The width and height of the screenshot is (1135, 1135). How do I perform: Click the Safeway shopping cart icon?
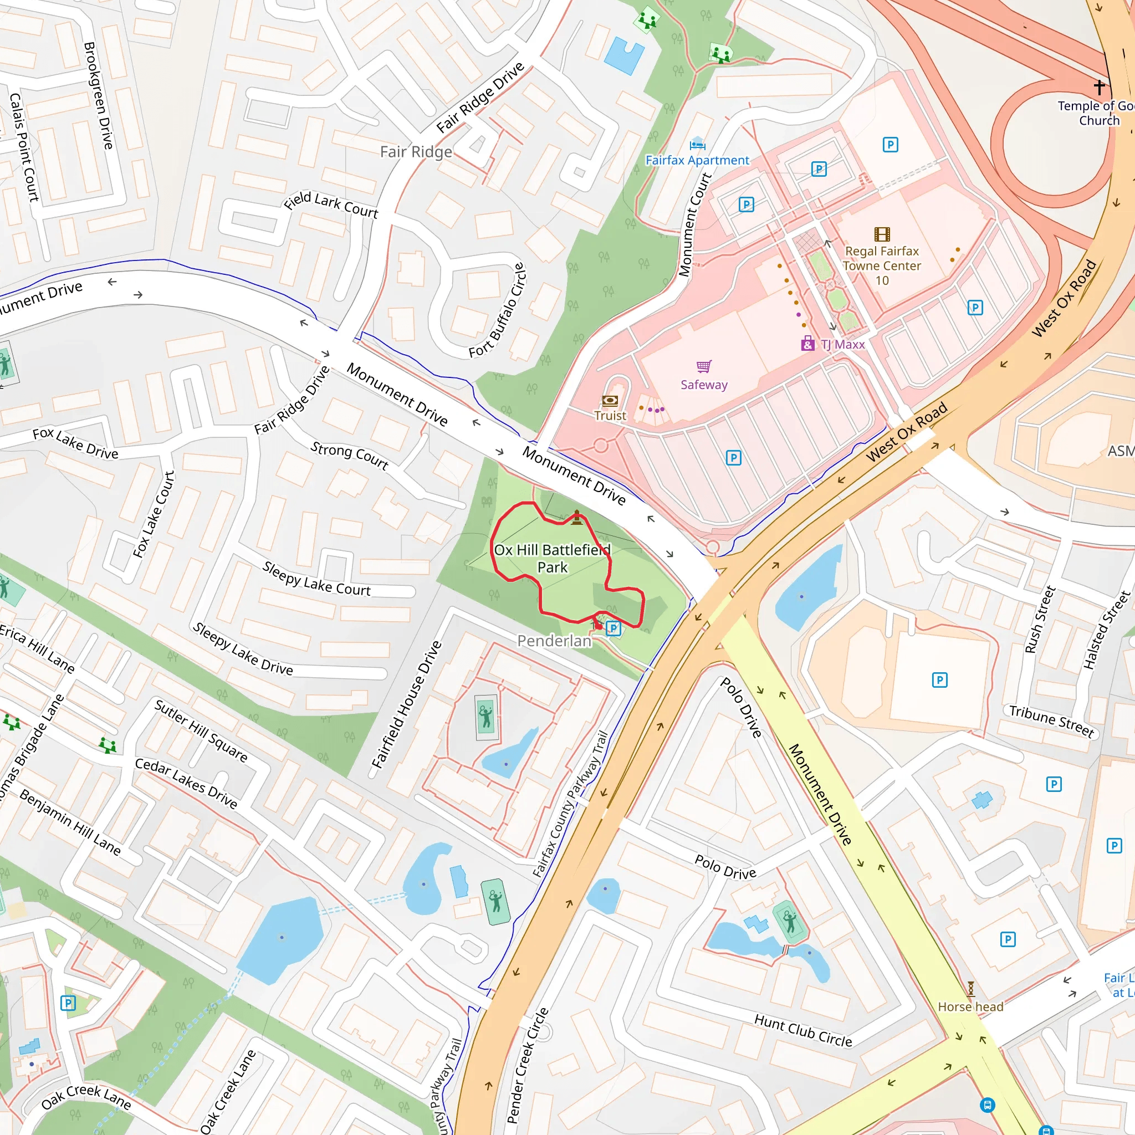point(703,366)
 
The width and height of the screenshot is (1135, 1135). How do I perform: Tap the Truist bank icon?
point(610,401)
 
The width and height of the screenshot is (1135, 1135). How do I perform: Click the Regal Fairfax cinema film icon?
point(882,234)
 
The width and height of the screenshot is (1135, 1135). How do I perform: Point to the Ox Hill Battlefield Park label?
point(551,558)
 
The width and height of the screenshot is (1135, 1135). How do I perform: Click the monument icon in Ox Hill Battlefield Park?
point(577,517)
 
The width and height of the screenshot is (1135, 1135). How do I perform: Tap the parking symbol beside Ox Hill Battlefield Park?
point(613,628)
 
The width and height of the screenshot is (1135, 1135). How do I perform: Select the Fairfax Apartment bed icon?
point(697,144)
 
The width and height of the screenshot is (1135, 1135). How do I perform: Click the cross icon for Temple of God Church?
point(1099,88)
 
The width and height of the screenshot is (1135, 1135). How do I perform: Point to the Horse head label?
point(970,1006)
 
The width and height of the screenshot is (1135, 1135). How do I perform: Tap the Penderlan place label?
point(554,641)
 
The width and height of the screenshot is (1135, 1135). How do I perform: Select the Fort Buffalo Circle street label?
point(497,311)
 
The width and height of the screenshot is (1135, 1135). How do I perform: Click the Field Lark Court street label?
point(331,205)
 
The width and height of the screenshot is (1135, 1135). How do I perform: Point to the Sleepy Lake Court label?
point(316,579)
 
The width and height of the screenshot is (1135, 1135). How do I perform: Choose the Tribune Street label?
point(1051,721)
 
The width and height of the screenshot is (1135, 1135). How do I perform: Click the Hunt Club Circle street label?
point(802,1030)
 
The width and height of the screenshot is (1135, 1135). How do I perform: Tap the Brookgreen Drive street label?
point(98,95)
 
